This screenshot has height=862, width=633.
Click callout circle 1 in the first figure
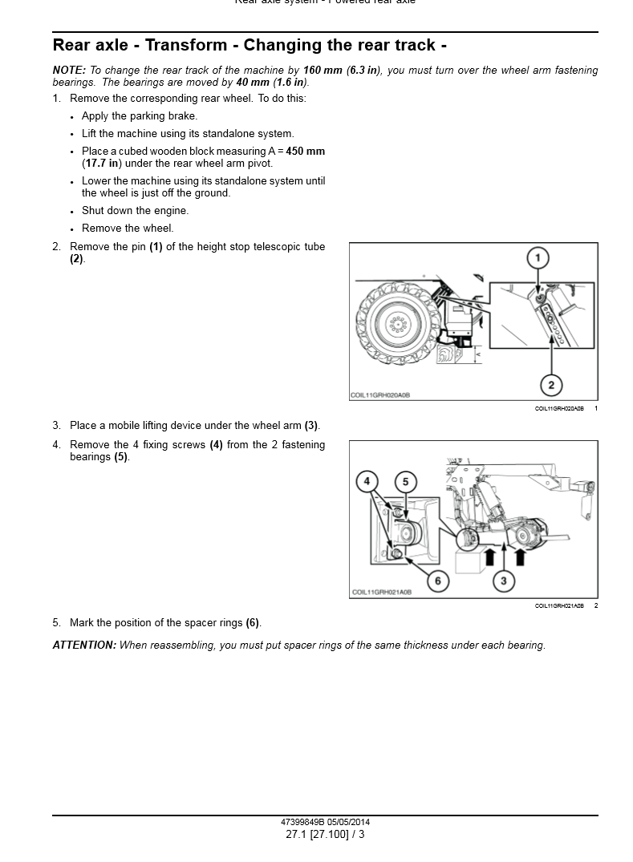pyautogui.click(x=538, y=258)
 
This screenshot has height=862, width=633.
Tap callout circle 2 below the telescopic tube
pyautogui.click(x=551, y=385)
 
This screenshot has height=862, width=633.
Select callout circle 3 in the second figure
pyautogui.click(x=503, y=581)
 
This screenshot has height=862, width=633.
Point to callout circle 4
pyautogui.click(x=367, y=481)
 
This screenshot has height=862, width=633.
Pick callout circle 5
pyautogui.click(x=406, y=481)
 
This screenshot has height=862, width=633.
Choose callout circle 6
pyautogui.click(x=437, y=581)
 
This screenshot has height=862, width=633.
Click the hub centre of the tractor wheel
pyautogui.click(x=396, y=324)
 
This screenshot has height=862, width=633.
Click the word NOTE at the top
pyautogui.click(x=68, y=71)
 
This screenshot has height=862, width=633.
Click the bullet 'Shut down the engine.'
pyautogui.click(x=135, y=211)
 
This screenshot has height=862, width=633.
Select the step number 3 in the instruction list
pyautogui.click(x=56, y=426)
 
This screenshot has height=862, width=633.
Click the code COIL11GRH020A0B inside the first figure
pyautogui.click(x=380, y=395)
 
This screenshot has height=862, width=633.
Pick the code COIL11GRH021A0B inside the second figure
pyautogui.click(x=381, y=593)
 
